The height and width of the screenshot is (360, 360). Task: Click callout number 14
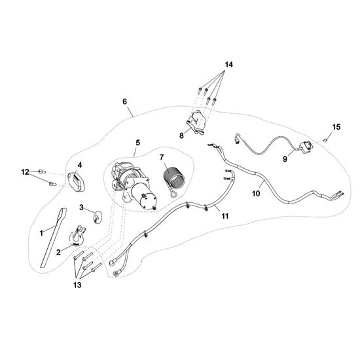pyautogui.click(x=228, y=65)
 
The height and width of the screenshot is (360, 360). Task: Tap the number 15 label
pyautogui.click(x=336, y=127)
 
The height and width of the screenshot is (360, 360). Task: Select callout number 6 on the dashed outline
pyautogui.click(x=124, y=101)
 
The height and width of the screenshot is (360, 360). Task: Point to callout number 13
pyautogui.click(x=77, y=285)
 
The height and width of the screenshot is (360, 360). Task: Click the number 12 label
pyautogui.click(x=26, y=171)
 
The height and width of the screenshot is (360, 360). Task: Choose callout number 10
pyautogui.click(x=256, y=194)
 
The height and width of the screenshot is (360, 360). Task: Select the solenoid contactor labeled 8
pyautogui.click(x=196, y=122)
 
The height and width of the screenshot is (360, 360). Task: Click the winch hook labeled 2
pyautogui.click(x=77, y=236)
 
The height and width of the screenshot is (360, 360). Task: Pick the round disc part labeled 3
pyautogui.click(x=98, y=217)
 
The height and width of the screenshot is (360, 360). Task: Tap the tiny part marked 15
pyautogui.click(x=325, y=140)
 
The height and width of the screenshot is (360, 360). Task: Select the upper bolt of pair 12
pyautogui.click(x=42, y=171)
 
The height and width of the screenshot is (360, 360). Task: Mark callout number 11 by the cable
pyautogui.click(x=225, y=216)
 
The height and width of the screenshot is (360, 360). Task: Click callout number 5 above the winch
pyautogui.click(x=137, y=143)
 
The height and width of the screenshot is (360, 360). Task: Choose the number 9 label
pyautogui.click(x=285, y=159)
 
